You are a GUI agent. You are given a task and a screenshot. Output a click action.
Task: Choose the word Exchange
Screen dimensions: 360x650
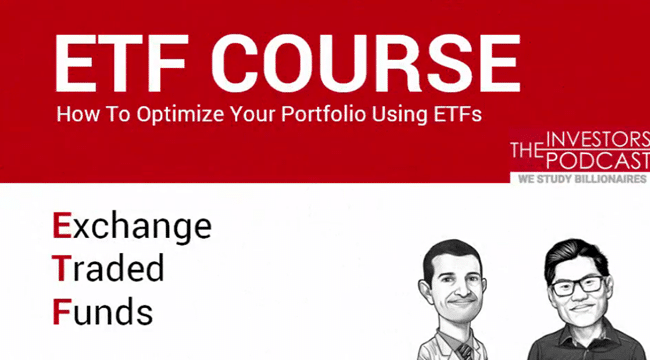(x=132, y=227)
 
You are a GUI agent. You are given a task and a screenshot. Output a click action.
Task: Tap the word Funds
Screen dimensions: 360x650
(x=103, y=311)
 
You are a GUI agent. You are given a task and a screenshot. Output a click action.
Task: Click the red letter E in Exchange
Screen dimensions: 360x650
(x=62, y=225)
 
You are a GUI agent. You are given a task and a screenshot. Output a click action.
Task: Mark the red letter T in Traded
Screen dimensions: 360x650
(x=61, y=269)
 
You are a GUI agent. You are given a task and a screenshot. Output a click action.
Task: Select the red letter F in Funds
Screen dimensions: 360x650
(x=61, y=311)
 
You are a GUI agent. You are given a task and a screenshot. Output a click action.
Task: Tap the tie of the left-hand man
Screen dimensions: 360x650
(x=462, y=350)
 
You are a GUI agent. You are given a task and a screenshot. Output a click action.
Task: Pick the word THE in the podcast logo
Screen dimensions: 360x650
(x=526, y=150)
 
